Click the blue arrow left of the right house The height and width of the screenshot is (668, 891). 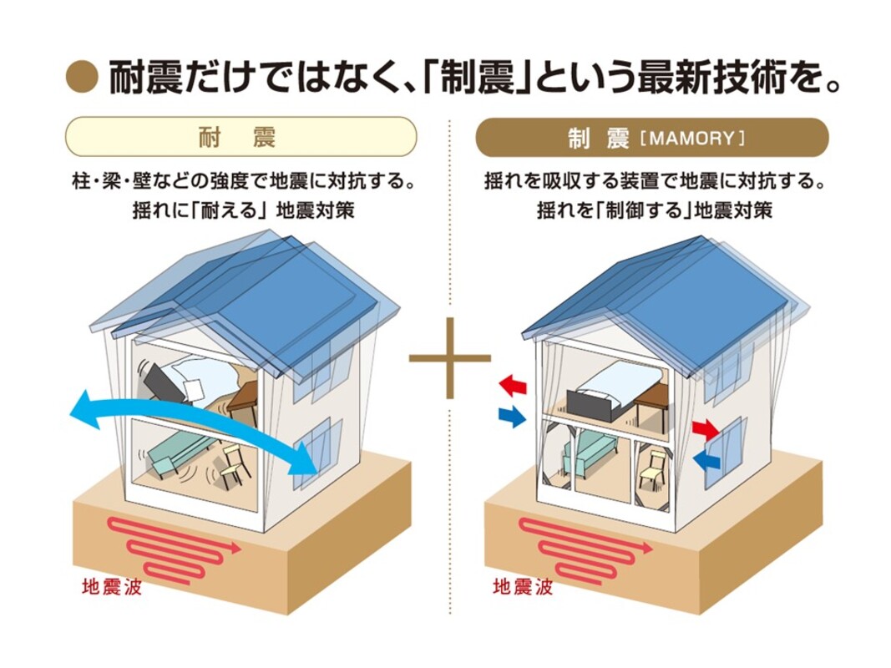click(511, 415)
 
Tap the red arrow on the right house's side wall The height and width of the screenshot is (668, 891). click(706, 430)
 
